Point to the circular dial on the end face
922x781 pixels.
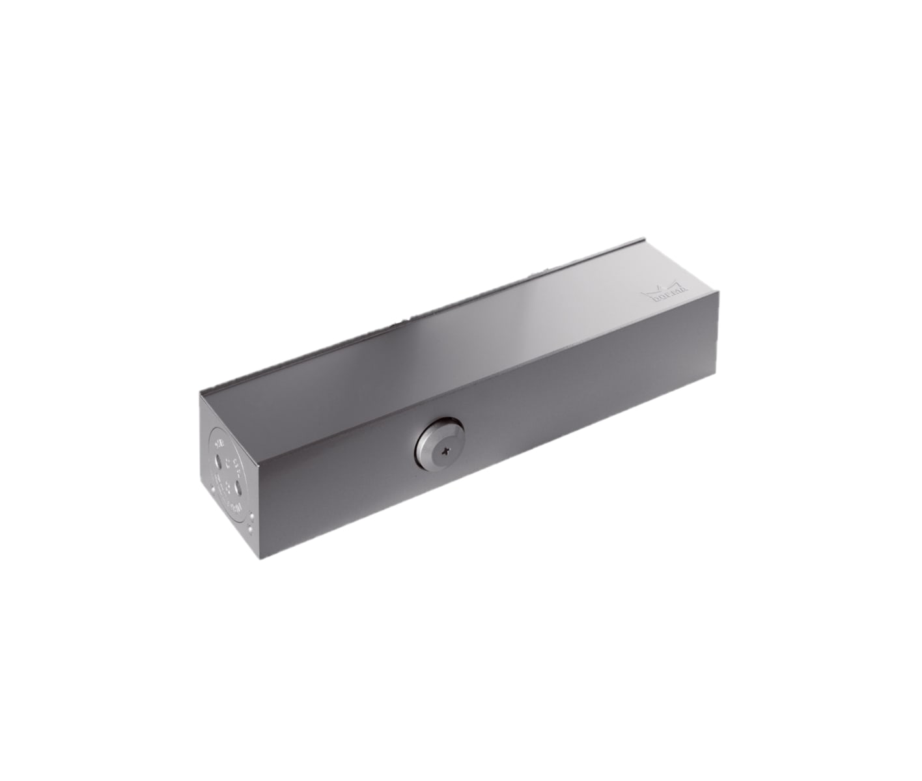click(x=229, y=473)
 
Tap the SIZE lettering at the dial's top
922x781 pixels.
click(x=220, y=445)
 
